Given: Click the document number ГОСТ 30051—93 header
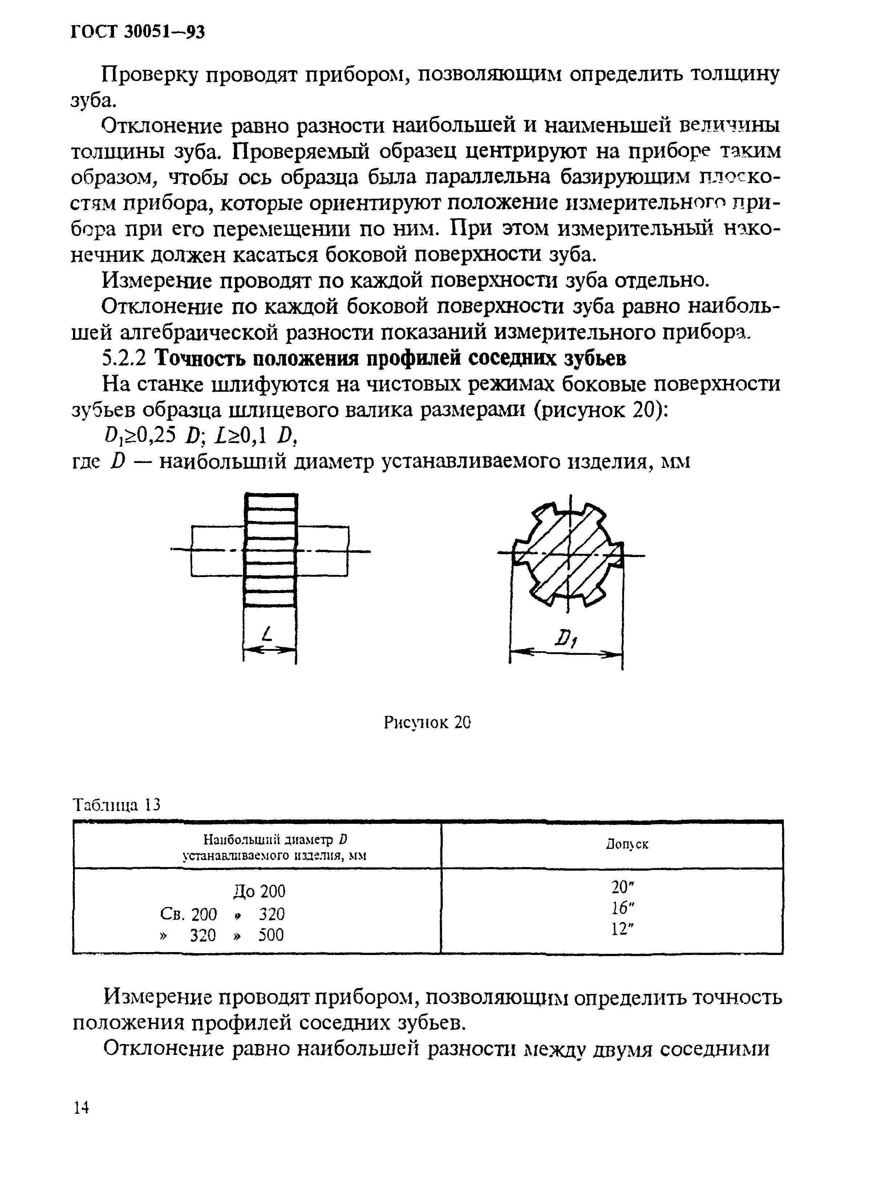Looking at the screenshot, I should (x=137, y=33).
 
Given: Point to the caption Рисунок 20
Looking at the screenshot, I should (x=427, y=723).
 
